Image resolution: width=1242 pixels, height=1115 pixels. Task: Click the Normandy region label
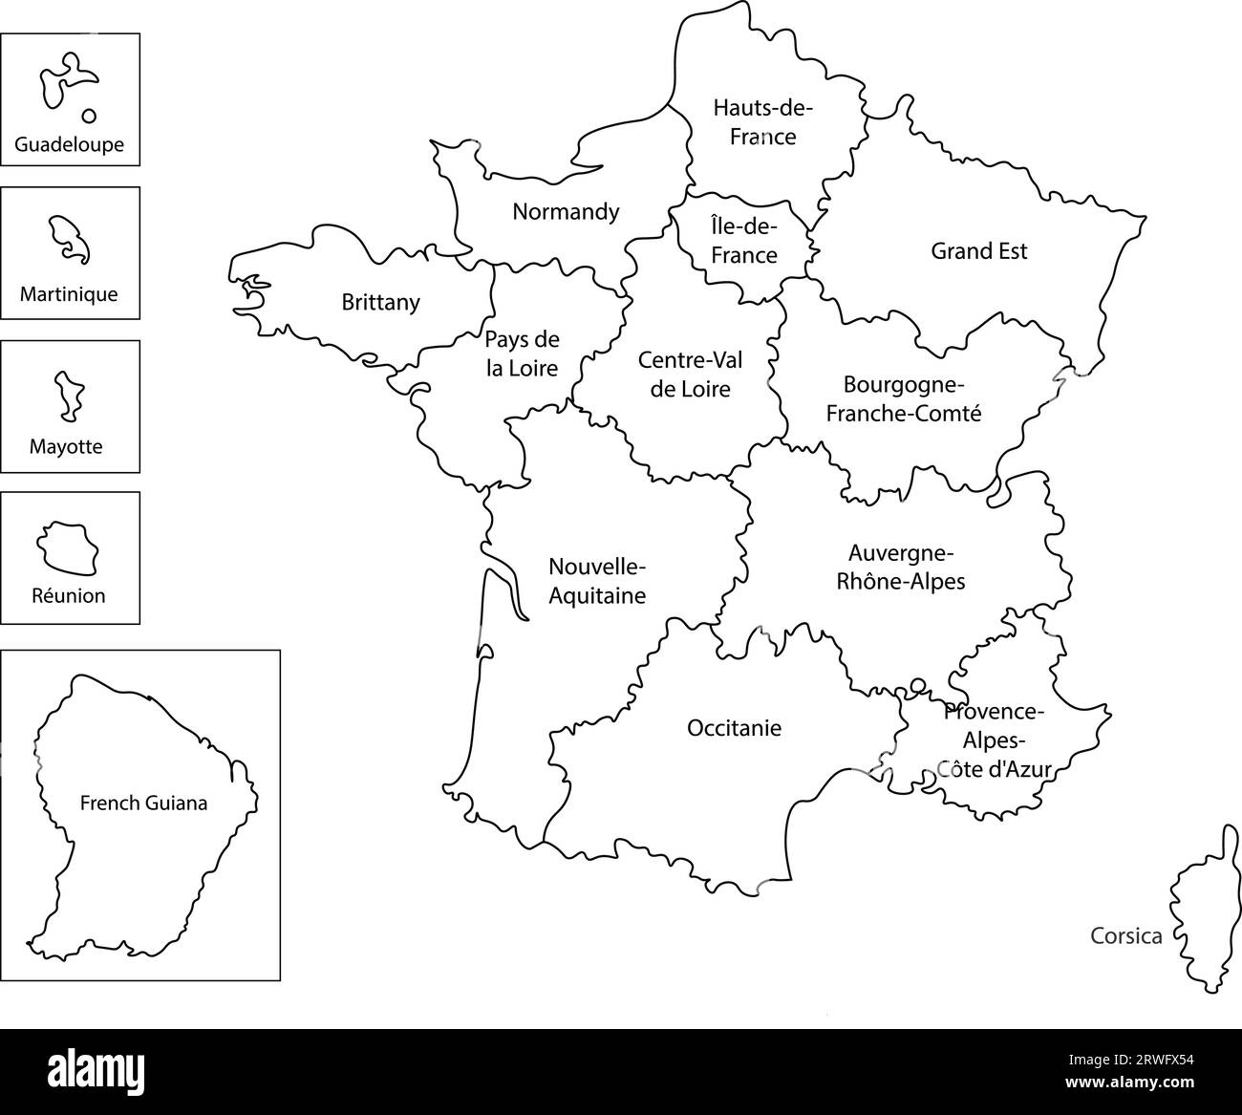[566, 211]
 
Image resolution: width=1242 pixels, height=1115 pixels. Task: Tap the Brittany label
[380, 302]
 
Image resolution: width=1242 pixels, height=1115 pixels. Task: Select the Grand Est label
[979, 251]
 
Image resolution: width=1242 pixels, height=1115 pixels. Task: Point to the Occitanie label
[734, 728]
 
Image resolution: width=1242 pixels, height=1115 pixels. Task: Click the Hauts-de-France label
[762, 121]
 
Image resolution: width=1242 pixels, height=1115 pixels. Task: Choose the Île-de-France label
[744, 241]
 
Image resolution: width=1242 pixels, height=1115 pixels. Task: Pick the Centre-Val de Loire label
[690, 375]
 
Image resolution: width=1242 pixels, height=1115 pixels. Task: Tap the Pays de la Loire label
[522, 354]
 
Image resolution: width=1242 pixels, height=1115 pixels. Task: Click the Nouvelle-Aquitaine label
[597, 581]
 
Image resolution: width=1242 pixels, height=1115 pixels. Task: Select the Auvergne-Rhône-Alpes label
[901, 567]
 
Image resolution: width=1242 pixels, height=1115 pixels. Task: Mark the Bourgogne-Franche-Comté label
[904, 398]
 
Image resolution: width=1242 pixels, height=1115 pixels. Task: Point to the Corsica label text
[1126, 936]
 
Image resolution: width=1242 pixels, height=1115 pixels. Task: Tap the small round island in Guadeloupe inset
[89, 116]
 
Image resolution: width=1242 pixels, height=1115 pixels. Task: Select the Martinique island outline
[69, 239]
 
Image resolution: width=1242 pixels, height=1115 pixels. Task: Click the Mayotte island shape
[68, 396]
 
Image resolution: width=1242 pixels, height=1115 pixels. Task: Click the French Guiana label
[143, 803]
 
